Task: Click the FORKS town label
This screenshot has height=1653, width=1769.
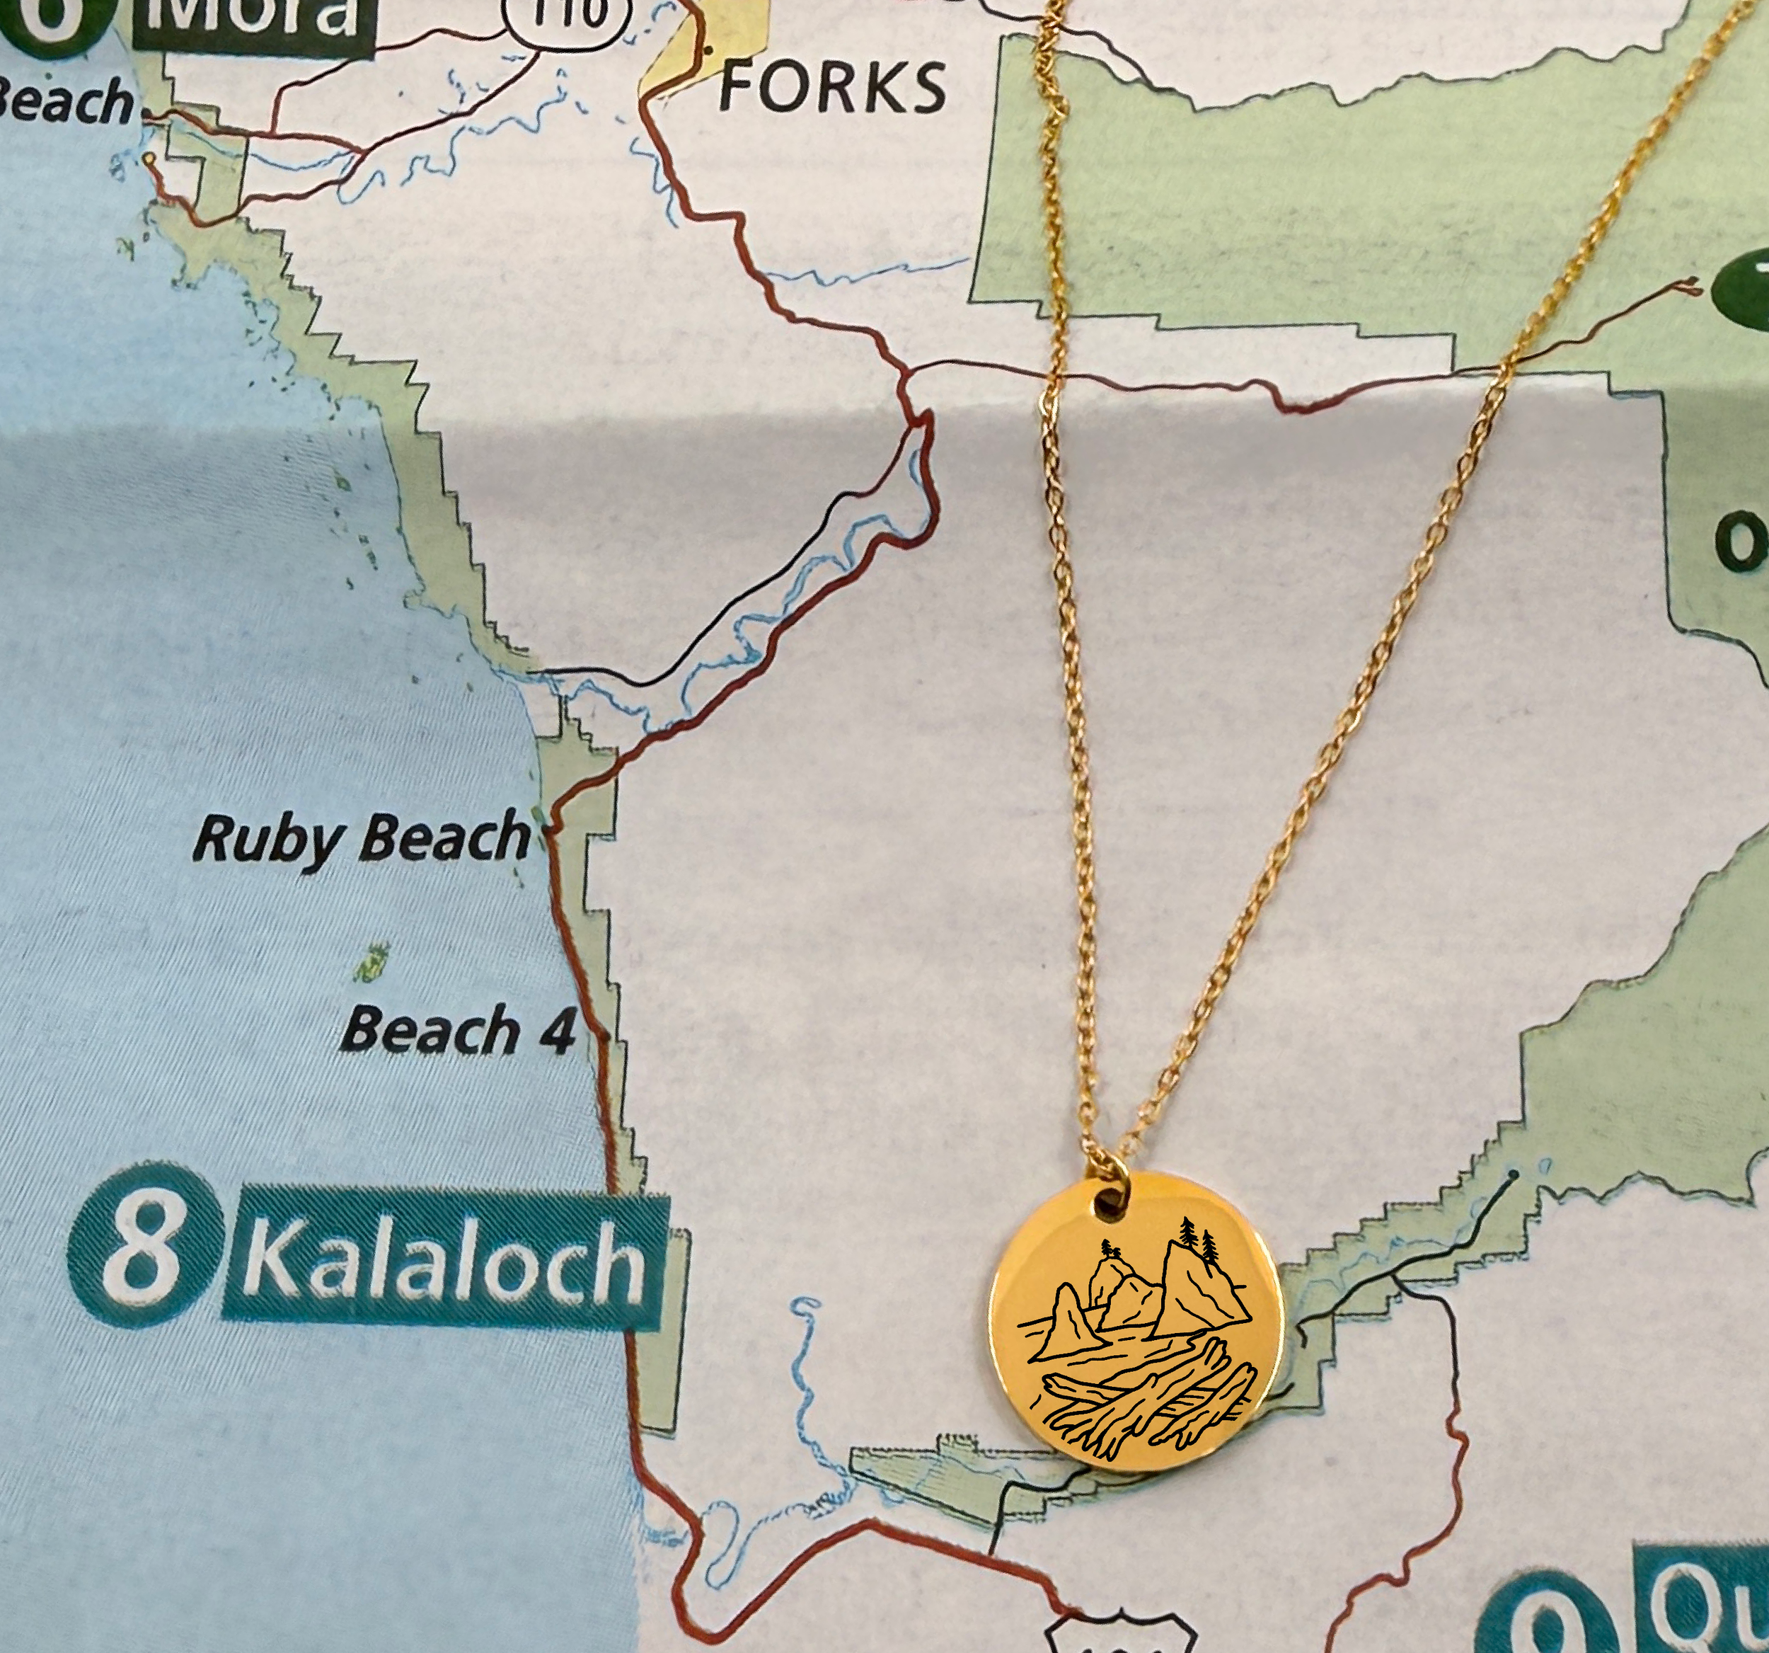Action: click(832, 87)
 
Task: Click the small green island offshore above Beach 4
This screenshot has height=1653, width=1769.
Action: click(372, 962)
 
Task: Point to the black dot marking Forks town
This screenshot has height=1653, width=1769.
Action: click(708, 51)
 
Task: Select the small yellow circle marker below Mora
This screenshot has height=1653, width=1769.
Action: click(149, 159)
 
